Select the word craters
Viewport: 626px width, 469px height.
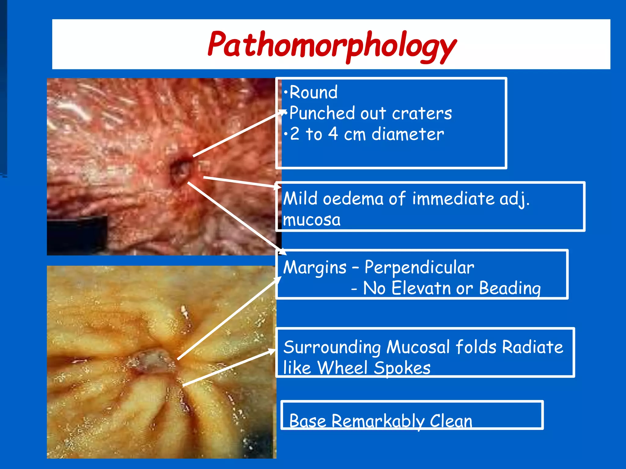click(422, 113)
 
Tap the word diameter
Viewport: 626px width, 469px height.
click(407, 134)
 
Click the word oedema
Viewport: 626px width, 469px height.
click(353, 199)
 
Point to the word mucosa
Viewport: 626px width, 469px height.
click(311, 220)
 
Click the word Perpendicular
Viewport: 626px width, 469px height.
click(419, 267)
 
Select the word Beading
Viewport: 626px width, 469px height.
click(510, 288)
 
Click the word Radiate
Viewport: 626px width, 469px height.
click(532, 347)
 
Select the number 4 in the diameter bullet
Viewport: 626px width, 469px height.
click(333, 134)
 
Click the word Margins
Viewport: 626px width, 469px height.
click(315, 268)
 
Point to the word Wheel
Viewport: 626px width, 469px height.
click(342, 368)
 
